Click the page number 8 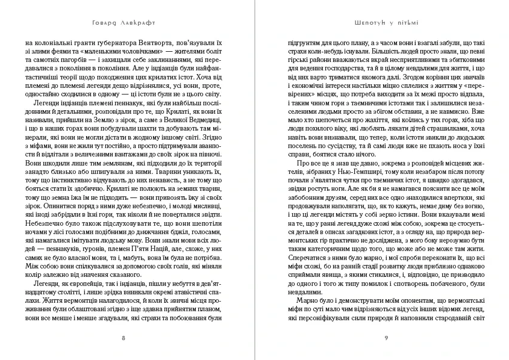[x=123, y=338]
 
